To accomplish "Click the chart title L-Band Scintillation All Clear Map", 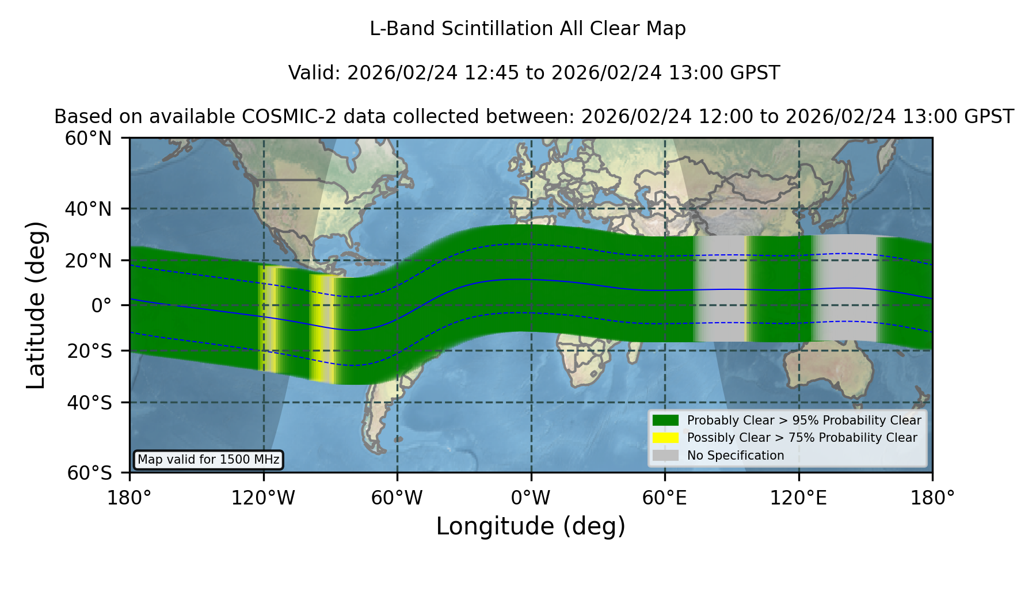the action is [528, 29].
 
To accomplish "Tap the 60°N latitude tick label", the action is [88, 139].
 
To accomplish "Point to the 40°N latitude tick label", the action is [88, 209].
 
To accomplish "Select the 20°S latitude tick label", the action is [89, 351].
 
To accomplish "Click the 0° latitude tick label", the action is [102, 305].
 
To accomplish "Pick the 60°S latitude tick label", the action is [89, 473].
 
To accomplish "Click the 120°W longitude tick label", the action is [263, 498].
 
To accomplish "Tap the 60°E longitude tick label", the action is [665, 498].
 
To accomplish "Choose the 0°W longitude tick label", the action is [531, 498].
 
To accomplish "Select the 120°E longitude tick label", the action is [799, 498].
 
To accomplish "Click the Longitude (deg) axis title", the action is [531, 526].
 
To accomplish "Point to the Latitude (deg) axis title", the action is [36, 305].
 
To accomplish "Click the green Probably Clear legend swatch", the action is [666, 420].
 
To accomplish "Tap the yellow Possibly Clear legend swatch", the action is [666, 438].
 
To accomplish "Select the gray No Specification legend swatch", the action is [666, 456].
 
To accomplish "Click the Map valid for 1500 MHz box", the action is [208, 460].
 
